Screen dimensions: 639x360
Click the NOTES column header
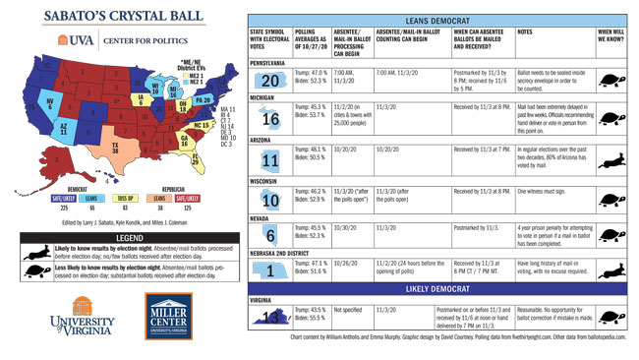coord(530,32)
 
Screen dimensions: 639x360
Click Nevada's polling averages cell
coord(314,232)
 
